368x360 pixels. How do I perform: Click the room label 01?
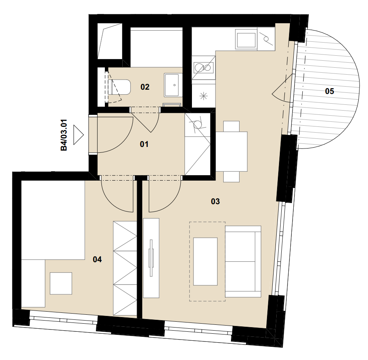[144, 144]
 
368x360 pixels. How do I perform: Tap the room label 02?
[145, 87]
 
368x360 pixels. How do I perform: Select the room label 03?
[215, 201]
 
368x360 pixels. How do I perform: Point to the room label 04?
[97, 259]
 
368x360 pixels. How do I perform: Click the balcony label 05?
[330, 91]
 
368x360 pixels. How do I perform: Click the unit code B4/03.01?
[64, 135]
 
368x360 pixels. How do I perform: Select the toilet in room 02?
[119, 87]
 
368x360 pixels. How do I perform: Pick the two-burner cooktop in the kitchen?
[204, 68]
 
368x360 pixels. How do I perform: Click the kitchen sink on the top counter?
[246, 40]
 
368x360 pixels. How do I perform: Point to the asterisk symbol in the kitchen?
[204, 96]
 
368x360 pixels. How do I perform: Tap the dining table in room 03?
[231, 152]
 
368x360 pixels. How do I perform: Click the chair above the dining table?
[231, 126]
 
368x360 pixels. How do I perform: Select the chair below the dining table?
[231, 177]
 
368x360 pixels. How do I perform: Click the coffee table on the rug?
[205, 261]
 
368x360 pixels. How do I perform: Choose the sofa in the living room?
[243, 261]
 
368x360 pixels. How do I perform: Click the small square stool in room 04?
[61, 283]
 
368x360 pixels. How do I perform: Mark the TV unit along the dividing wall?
[151, 258]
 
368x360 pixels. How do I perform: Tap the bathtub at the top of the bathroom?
[157, 47]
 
